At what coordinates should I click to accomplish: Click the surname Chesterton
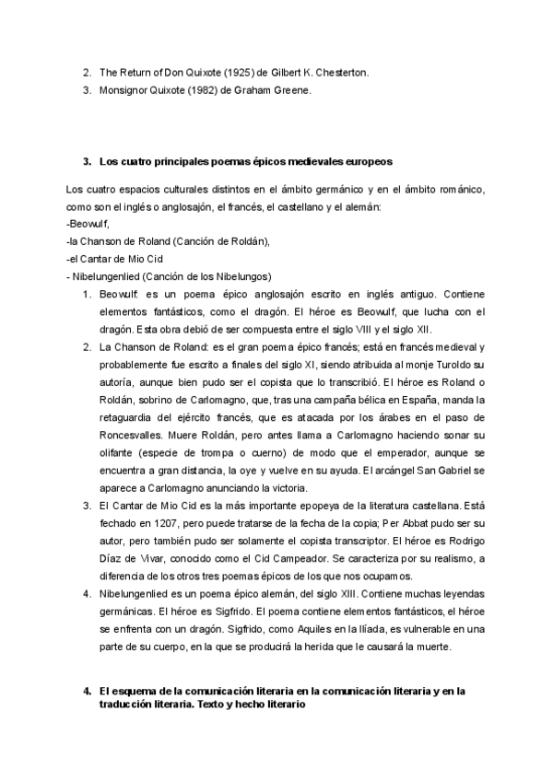tap(338, 72)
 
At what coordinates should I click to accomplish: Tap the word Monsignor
tap(124, 90)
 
